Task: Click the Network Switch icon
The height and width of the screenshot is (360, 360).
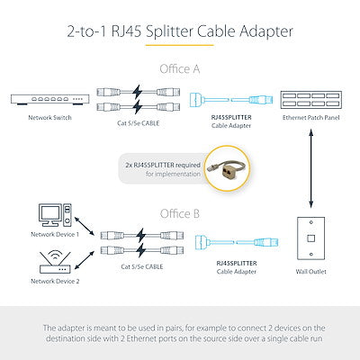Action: coord(49,100)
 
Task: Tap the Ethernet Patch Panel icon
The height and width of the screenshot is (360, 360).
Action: coord(310,100)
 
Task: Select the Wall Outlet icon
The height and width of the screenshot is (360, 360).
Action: coord(310,238)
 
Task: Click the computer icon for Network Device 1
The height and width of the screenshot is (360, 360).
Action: coord(55,215)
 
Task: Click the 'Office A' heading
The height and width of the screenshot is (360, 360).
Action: coord(180,69)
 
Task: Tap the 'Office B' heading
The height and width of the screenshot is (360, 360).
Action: coord(180,214)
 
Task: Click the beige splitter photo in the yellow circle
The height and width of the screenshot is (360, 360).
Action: coord(229,168)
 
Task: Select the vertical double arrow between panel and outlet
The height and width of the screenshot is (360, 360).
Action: coord(311,168)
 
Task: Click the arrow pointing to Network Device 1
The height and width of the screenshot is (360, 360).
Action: coord(85,226)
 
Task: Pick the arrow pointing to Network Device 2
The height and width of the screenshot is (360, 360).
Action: coord(85,260)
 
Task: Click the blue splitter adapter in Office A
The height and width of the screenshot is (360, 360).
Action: coord(231,100)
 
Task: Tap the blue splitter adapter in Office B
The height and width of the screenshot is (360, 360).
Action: coord(237,242)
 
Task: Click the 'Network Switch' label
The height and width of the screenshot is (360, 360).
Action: coord(49,118)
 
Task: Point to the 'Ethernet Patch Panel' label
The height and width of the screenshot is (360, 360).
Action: coord(310,118)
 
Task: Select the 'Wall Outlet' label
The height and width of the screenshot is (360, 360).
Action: coord(310,272)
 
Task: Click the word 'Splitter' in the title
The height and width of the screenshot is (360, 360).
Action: coord(169,31)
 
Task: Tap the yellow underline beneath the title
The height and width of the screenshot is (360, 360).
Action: coord(180,45)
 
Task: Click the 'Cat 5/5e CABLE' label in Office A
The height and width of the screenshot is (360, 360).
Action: coord(139,123)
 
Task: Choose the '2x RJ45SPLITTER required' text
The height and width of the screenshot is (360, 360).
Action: coord(163,165)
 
